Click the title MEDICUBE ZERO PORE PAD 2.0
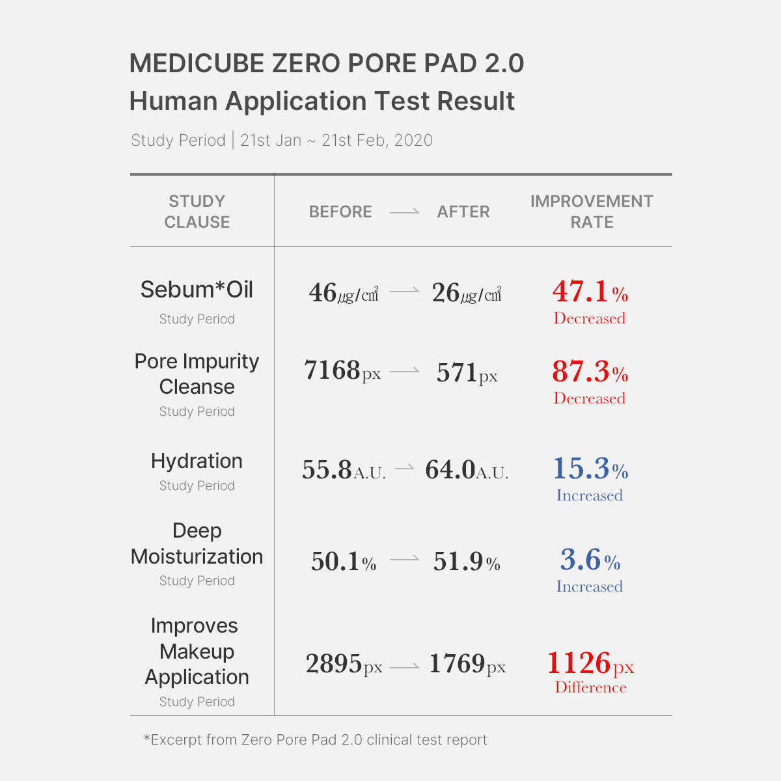pyautogui.click(x=326, y=64)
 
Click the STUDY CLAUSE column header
pyautogui.click(x=197, y=212)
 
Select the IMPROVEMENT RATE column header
pyautogui.click(x=592, y=212)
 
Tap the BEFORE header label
pyautogui.click(x=340, y=212)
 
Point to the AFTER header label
pyautogui.click(x=463, y=212)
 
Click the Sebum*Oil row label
pyautogui.click(x=197, y=290)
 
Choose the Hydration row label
pyautogui.click(x=197, y=461)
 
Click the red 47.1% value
pyautogui.click(x=590, y=292)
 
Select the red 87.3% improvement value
pyautogui.click(x=590, y=372)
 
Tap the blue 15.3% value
pyautogui.click(x=590, y=469)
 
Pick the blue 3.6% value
pyautogui.click(x=590, y=560)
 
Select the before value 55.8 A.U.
pyautogui.click(x=344, y=470)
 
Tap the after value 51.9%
pyautogui.click(x=467, y=562)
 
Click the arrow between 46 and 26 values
pyautogui.click(x=405, y=292)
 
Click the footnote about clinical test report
pyautogui.click(x=315, y=740)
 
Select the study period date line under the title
pyautogui.click(x=282, y=141)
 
